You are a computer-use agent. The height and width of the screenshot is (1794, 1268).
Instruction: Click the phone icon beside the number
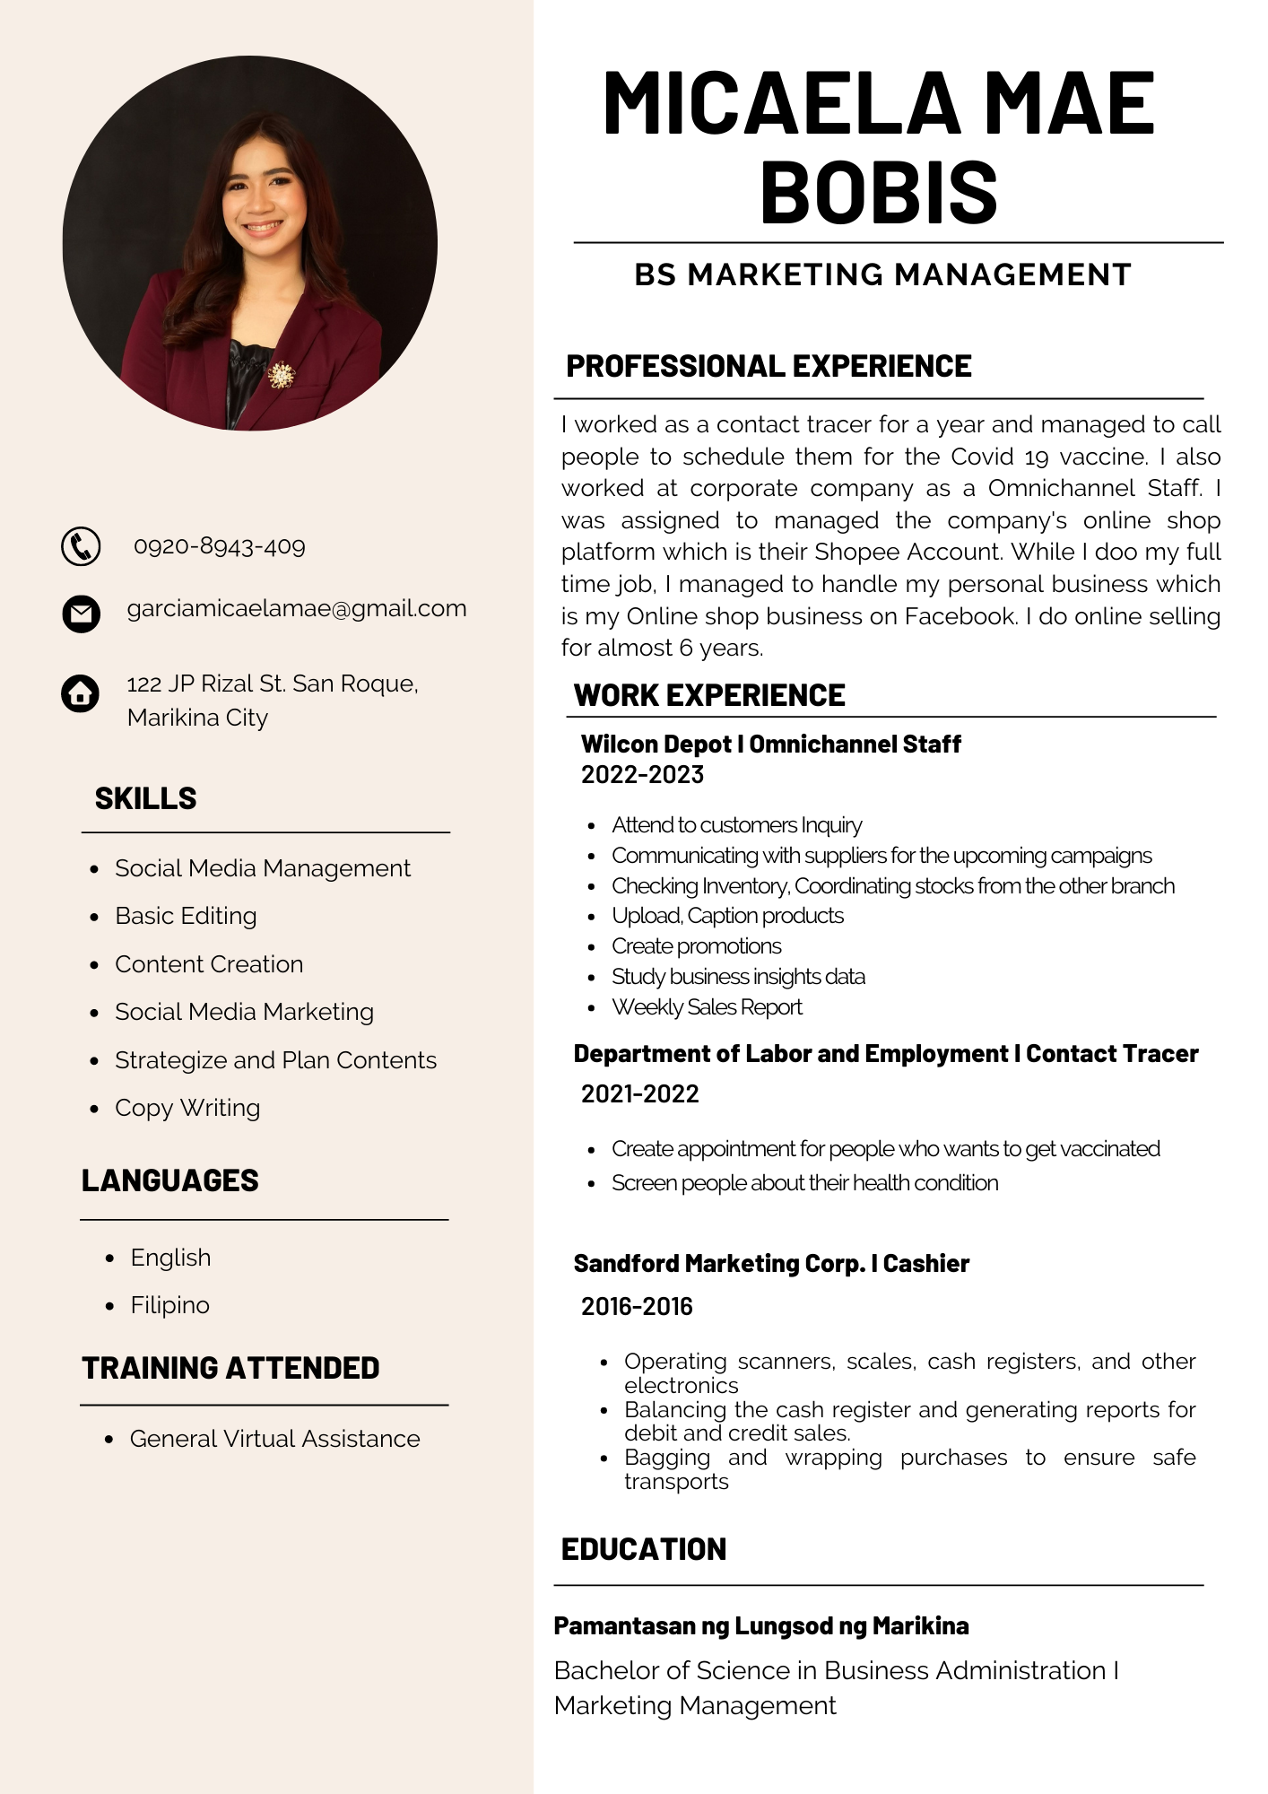point(81,546)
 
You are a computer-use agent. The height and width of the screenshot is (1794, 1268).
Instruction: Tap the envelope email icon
point(81,614)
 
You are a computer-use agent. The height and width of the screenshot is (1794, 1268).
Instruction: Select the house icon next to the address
point(80,693)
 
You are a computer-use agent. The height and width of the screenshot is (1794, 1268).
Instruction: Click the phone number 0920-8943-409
point(220,546)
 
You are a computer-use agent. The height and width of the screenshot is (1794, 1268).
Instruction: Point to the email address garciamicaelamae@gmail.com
point(297,608)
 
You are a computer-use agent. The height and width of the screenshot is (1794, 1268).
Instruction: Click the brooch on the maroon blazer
point(282,375)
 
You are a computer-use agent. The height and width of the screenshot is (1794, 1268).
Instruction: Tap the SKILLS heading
point(145,798)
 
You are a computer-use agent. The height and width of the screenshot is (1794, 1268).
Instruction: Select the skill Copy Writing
point(187,1108)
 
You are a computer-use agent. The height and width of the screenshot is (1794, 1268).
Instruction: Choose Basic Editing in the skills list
point(186,916)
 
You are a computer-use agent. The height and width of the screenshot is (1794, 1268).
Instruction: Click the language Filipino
point(169,1305)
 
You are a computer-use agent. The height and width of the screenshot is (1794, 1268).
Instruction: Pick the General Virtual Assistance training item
point(274,1439)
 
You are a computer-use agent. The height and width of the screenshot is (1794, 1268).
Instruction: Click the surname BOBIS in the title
point(879,192)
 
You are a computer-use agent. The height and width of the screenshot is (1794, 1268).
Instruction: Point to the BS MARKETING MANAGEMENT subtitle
point(882,274)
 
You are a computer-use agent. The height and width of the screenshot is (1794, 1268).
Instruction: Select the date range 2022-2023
point(642,774)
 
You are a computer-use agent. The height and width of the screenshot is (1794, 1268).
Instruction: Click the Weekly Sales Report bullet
point(707,1007)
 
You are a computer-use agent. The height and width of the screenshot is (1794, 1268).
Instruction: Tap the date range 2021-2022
point(639,1093)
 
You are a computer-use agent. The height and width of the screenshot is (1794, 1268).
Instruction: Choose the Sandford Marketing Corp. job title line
point(771,1264)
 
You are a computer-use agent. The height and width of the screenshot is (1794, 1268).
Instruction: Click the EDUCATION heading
point(644,1549)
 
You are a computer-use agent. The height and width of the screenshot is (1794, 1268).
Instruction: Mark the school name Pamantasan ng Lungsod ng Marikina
point(761,1626)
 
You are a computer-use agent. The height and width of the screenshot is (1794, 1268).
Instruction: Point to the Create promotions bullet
point(696,946)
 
